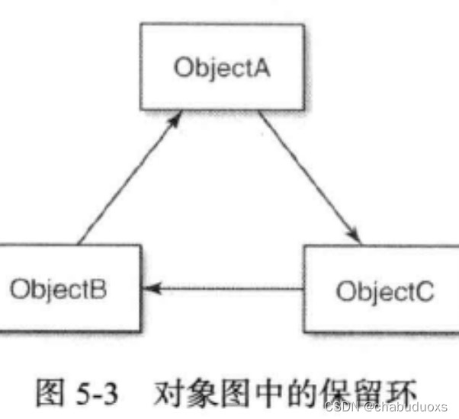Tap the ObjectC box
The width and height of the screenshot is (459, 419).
380,289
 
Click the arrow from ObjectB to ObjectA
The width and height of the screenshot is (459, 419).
130,179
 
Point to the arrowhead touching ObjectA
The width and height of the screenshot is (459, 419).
177,117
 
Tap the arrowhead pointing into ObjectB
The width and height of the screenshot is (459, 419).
152,289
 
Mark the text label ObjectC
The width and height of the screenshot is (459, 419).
385,290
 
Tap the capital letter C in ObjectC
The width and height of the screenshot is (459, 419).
425,290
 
